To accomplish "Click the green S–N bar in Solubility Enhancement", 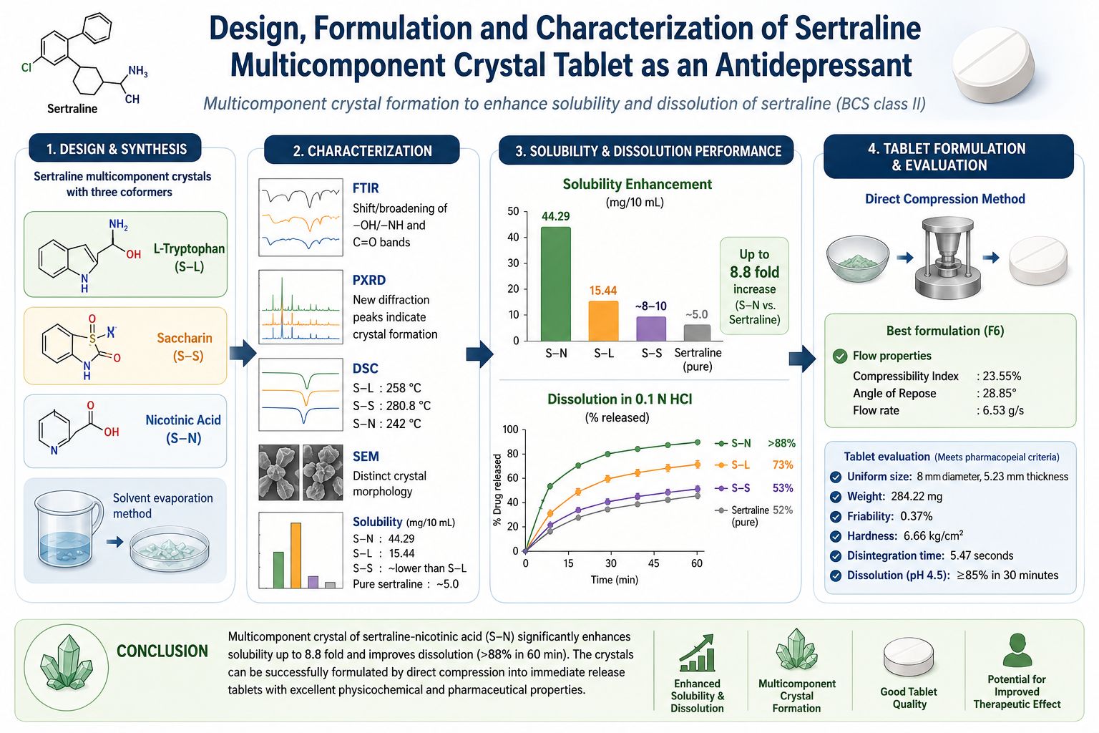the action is (x=555, y=283).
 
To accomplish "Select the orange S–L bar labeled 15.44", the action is (x=603, y=321).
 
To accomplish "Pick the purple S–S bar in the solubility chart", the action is (x=651, y=329).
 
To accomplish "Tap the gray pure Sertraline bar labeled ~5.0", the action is (x=697, y=332).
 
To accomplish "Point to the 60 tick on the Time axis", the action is (x=697, y=563).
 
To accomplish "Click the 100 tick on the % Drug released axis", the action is (x=510, y=429).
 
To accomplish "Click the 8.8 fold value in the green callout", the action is (x=754, y=272).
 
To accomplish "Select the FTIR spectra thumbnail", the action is (x=301, y=217).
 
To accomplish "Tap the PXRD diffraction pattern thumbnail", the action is (x=301, y=307).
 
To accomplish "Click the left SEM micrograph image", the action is (x=278, y=472).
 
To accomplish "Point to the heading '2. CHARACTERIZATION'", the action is (x=362, y=151).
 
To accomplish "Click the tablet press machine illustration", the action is (x=947, y=258).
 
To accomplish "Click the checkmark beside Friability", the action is (x=836, y=517).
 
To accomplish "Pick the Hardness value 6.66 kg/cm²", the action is (x=933, y=535).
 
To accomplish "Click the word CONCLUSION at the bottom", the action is (x=162, y=651).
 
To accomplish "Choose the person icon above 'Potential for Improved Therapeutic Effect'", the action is (x=1017, y=650).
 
